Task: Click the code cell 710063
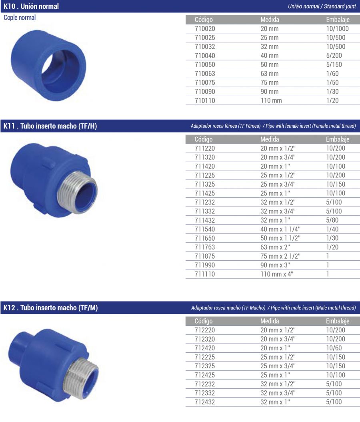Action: pos(205,74)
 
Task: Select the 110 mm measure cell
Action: pos(271,100)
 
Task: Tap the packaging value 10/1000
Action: pos(338,28)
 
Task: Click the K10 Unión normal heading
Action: pos(31,6)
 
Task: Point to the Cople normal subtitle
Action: pos(20,18)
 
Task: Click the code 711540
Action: pos(205,229)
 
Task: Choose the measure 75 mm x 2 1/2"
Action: pos(280,256)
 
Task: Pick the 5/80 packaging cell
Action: pos(332,220)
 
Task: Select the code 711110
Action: pos(205,274)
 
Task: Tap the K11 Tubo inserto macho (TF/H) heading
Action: pos(50,126)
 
